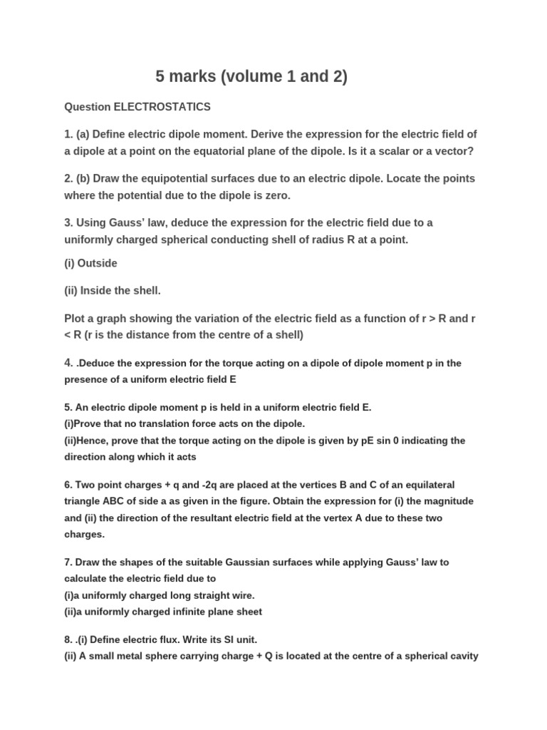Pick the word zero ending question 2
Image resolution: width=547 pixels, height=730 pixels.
277,195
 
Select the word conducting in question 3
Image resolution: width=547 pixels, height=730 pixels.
242,240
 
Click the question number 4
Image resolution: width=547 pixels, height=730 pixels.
68,362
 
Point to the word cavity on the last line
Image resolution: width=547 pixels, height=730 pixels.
461,656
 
